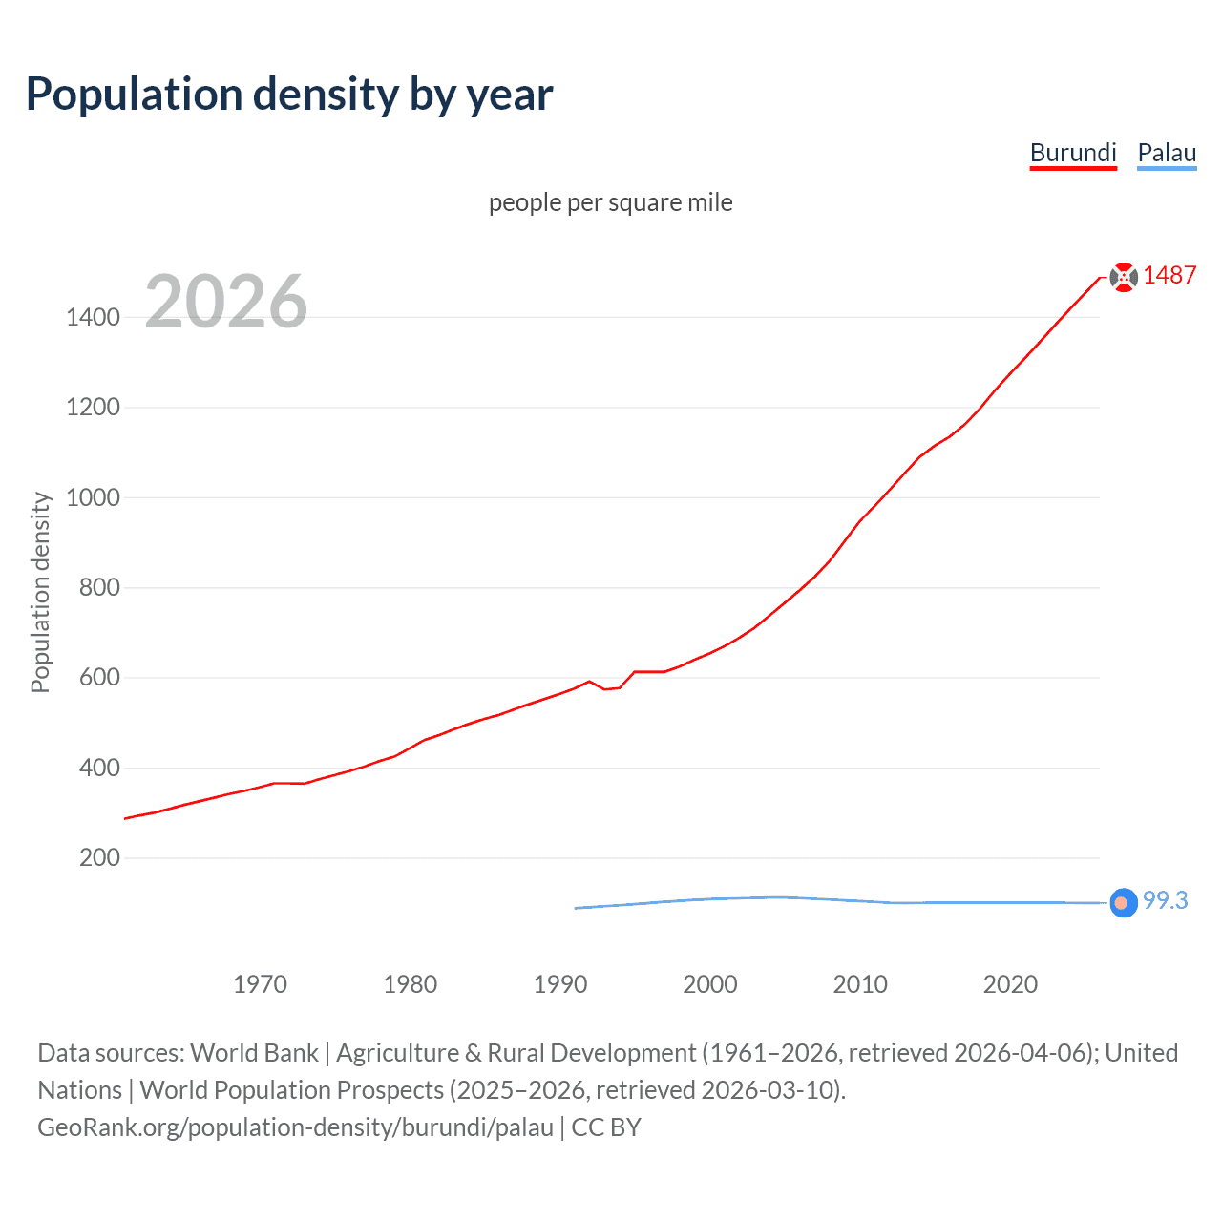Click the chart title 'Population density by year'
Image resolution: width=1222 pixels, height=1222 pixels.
(289, 95)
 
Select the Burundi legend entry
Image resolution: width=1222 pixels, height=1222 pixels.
(1073, 153)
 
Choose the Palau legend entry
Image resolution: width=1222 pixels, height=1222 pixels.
(1167, 153)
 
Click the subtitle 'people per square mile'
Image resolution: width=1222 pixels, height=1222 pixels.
(610, 202)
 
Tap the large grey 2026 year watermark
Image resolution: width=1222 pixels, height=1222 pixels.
(226, 302)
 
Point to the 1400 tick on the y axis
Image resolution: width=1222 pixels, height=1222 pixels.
(93, 317)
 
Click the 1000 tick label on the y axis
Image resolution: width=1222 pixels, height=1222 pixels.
(93, 497)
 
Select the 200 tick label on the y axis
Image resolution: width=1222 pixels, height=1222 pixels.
(99, 857)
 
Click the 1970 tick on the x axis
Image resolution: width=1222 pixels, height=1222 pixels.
(260, 984)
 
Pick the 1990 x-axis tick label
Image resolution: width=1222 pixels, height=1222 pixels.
(560, 984)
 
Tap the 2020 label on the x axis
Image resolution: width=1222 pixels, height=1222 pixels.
(1010, 984)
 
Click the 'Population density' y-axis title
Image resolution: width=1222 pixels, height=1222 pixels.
(40, 592)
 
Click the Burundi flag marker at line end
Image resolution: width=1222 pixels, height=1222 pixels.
(1124, 277)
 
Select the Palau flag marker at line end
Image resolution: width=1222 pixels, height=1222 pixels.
(1124, 902)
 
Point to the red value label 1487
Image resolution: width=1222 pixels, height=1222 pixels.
(1169, 275)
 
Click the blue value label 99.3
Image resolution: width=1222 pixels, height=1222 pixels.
(1165, 900)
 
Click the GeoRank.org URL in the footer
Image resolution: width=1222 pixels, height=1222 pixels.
(295, 1127)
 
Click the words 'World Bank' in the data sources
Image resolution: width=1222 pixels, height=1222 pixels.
(254, 1053)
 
